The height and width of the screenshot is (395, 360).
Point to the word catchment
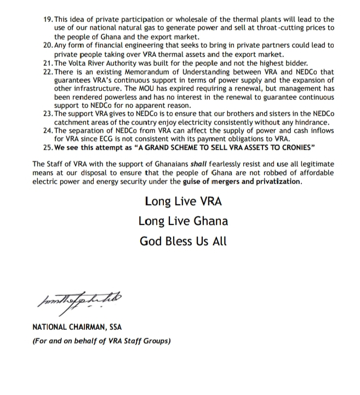pyautogui.click(x=73, y=122)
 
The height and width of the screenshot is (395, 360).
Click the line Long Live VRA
pyautogui.click(x=183, y=201)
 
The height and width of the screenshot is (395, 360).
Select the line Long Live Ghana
pyautogui.click(x=183, y=221)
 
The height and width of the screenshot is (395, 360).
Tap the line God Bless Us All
pyautogui.click(x=183, y=241)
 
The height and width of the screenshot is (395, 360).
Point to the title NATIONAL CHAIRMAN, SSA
pyautogui.click(x=77, y=327)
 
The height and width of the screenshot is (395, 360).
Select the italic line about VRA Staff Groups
pyautogui.click(x=101, y=341)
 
